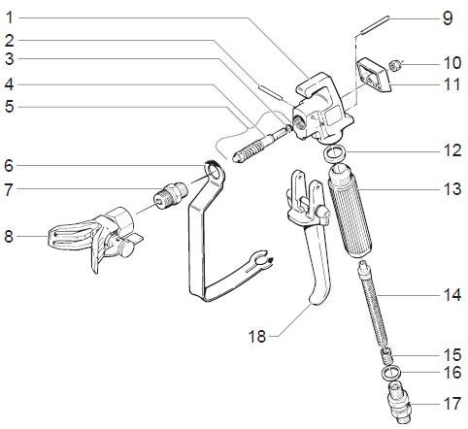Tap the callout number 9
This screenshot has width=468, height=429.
pyautogui.click(x=448, y=17)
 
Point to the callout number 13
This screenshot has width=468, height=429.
pyautogui.click(x=449, y=188)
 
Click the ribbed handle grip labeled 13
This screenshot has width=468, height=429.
pyautogui.click(x=348, y=214)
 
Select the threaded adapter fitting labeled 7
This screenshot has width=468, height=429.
pyautogui.click(x=167, y=191)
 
